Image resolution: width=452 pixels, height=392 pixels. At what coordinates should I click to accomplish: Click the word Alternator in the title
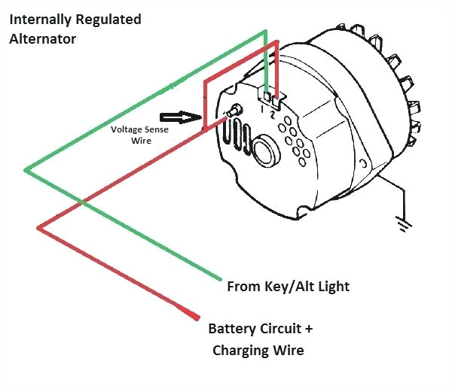(42, 38)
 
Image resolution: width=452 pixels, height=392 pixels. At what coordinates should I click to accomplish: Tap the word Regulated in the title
(112, 19)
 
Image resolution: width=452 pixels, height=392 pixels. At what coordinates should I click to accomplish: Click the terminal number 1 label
(262, 110)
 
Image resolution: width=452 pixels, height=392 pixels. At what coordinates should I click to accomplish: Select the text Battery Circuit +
(261, 330)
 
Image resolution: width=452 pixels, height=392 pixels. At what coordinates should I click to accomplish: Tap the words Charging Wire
(258, 350)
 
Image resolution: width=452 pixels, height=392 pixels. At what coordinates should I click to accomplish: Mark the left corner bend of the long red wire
(38, 227)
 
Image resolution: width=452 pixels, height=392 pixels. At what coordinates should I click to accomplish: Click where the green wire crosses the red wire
(81, 202)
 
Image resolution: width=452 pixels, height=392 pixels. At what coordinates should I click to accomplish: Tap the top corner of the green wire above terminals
(264, 32)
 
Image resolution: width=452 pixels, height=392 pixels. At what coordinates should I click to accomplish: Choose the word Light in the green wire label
(332, 287)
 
